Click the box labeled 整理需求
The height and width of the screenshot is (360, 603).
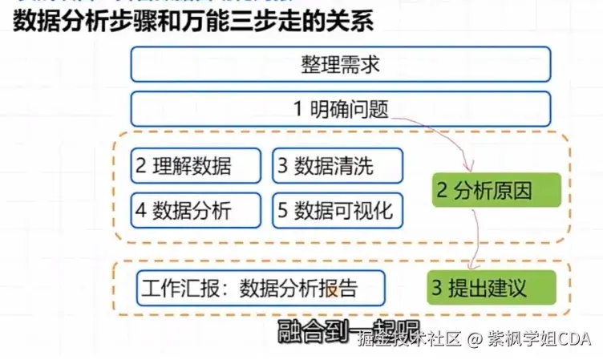341,64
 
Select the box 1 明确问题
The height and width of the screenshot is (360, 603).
341,108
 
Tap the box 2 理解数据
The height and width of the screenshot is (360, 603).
196,166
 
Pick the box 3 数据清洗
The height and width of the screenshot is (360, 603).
337,166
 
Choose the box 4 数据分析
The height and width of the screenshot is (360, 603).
196,210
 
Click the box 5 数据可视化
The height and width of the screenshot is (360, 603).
337,210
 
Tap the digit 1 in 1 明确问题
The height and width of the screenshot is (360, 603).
297,109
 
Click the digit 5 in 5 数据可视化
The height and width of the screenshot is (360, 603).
283,211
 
